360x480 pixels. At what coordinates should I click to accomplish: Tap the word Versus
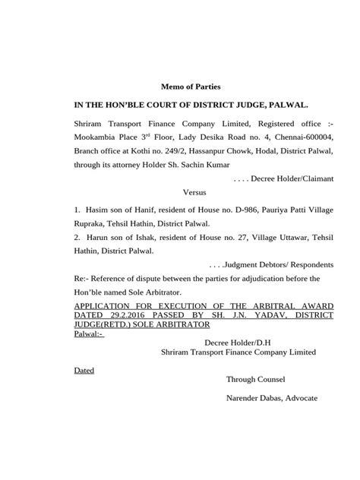[x=194, y=193]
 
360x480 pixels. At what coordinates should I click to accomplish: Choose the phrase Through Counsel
[x=254, y=379]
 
